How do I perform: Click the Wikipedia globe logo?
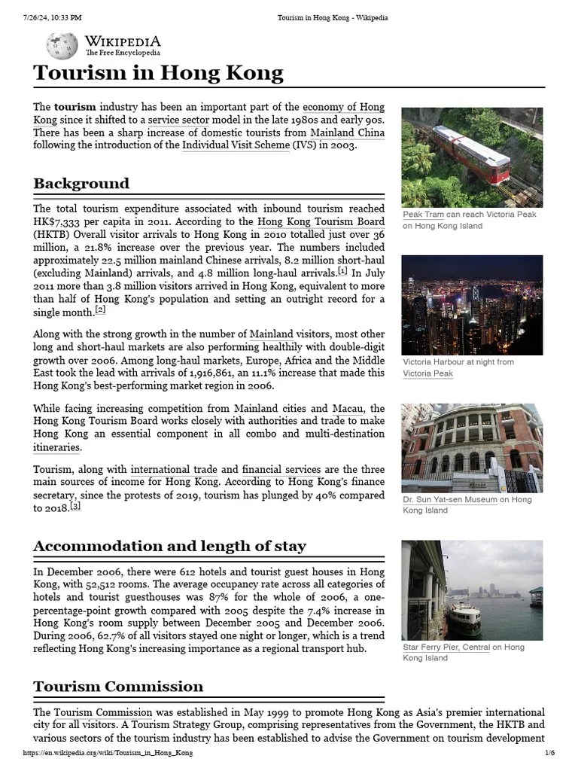(x=62, y=46)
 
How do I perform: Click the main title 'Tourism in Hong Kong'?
(x=158, y=73)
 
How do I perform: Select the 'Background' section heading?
(x=81, y=184)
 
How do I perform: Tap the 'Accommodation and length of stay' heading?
(x=169, y=546)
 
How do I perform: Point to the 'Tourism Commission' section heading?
(x=118, y=686)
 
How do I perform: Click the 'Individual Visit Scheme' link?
(x=236, y=145)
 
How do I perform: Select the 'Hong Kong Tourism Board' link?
(x=321, y=221)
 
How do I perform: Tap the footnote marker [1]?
(x=342, y=270)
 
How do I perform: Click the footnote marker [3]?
(x=75, y=507)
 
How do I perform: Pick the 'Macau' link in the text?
(x=348, y=408)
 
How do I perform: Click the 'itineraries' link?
(x=56, y=447)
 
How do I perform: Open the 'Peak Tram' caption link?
(x=423, y=215)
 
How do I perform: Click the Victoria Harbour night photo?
(x=471, y=304)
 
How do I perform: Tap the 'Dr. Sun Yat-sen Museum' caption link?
(x=449, y=499)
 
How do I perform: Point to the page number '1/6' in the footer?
(x=549, y=753)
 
